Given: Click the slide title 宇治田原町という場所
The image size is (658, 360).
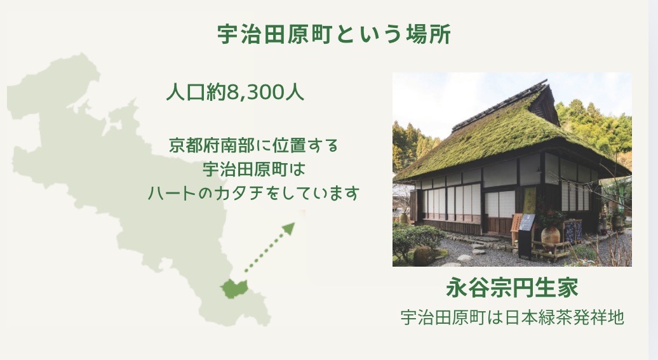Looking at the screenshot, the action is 334,34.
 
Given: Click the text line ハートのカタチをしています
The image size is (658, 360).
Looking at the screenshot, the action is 253,194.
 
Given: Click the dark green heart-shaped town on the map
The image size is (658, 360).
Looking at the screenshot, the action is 234,289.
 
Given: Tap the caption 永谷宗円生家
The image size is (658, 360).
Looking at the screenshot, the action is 512,288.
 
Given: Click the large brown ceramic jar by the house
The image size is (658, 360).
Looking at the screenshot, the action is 550,237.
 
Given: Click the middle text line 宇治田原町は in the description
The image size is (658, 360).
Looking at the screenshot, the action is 253,170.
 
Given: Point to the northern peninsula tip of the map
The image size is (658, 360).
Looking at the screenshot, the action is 80,57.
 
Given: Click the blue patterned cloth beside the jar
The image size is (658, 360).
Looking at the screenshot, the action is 572,232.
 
